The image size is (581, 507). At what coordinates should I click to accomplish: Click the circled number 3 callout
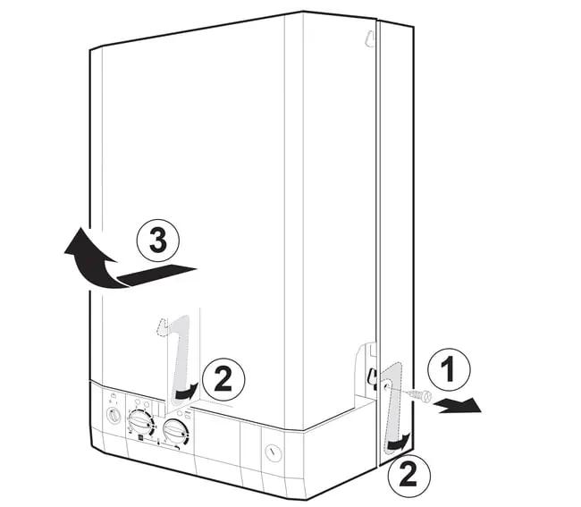[158, 240]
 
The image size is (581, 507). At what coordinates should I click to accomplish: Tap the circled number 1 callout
[449, 368]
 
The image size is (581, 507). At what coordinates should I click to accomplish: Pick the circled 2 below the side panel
[409, 476]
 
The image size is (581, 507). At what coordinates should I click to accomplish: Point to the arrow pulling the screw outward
[459, 406]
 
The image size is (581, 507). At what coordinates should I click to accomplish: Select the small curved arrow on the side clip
[399, 443]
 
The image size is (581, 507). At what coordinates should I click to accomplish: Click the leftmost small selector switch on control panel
[114, 415]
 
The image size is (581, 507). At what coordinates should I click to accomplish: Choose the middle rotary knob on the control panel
[140, 422]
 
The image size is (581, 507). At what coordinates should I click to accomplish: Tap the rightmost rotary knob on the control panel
[176, 431]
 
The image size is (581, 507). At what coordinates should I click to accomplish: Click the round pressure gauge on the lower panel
[274, 452]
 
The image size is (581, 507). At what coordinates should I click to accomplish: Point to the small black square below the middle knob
[141, 437]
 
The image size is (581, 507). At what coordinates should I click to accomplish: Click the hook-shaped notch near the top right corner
[369, 39]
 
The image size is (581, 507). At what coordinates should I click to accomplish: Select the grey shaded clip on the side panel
[393, 408]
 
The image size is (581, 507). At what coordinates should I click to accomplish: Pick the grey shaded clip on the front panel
[181, 359]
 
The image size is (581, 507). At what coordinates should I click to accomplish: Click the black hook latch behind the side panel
[371, 377]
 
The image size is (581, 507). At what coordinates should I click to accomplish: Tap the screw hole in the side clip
[386, 386]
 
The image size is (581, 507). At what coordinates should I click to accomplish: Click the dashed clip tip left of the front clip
[163, 326]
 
